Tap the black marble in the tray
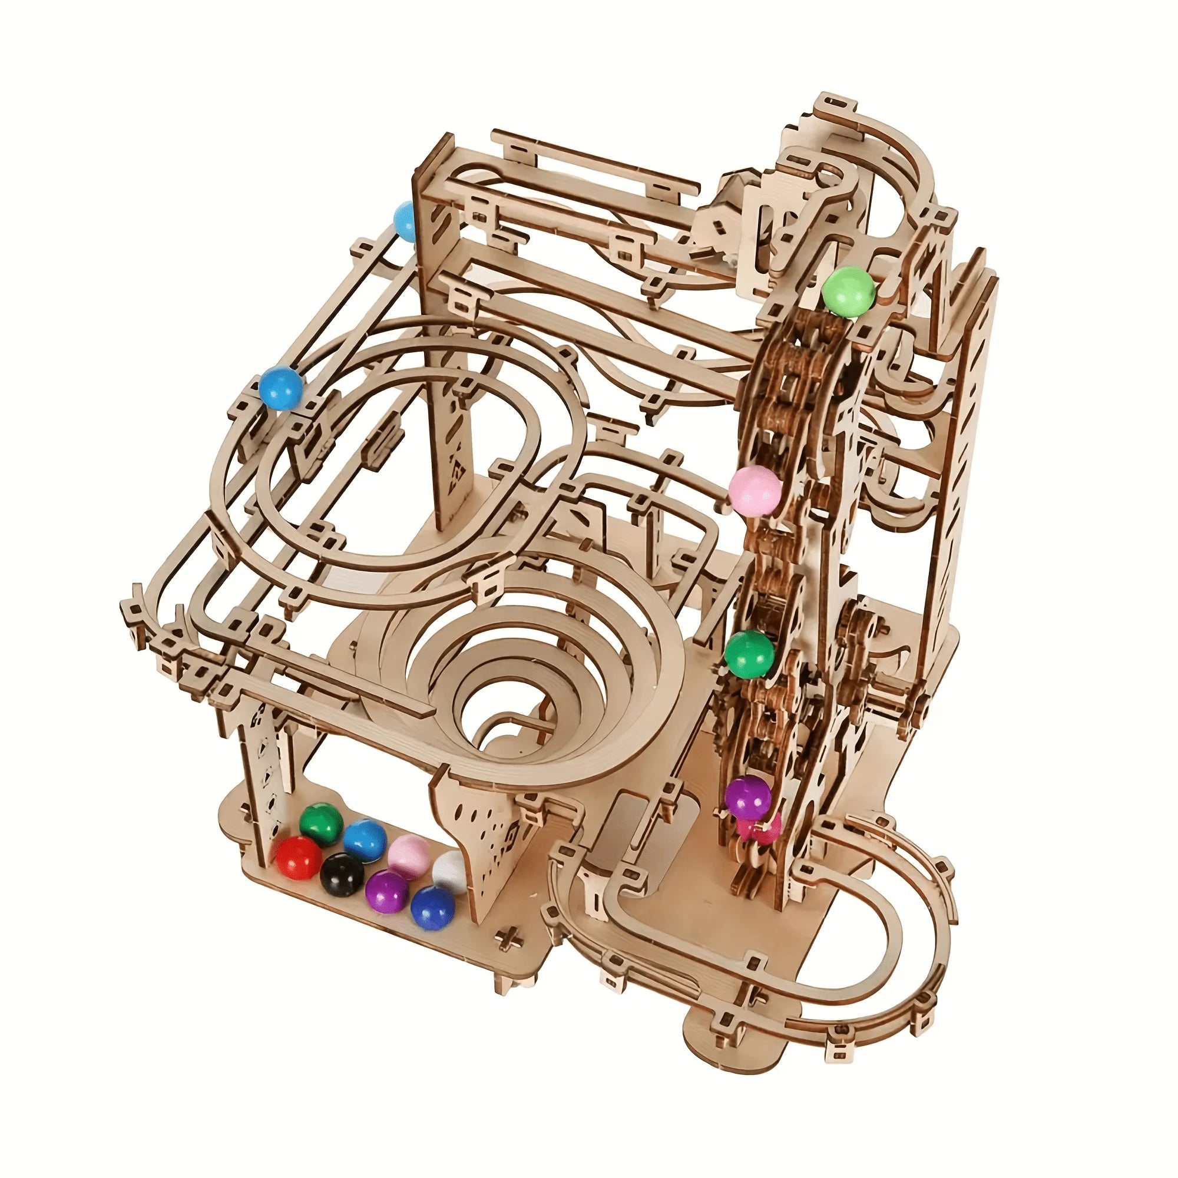[342, 873]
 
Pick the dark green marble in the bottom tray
[322, 824]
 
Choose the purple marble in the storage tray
[386, 891]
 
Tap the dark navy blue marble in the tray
[432, 907]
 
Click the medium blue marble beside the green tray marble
[364, 841]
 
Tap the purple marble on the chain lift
[748, 798]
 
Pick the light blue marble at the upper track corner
[404, 220]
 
